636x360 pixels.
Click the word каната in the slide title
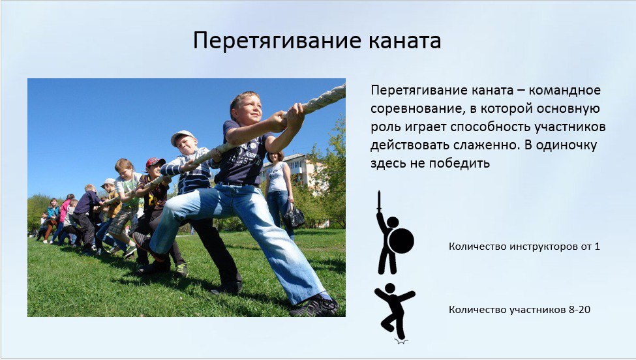point(405,41)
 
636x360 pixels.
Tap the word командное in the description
point(564,90)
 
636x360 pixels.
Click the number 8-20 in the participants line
point(580,310)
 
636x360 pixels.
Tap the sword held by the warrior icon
point(379,202)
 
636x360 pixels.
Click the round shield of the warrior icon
point(401,241)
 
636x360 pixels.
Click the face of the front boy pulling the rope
point(247,109)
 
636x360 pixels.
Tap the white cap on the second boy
point(182,136)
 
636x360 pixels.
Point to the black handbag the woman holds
point(294,217)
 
